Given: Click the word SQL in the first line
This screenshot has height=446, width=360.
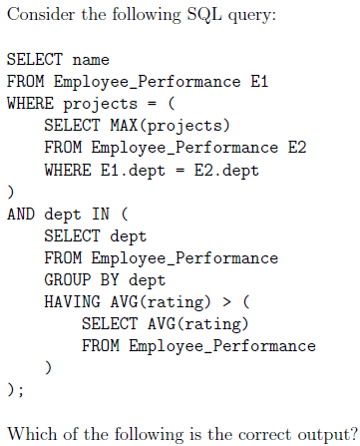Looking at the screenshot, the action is (x=204, y=15).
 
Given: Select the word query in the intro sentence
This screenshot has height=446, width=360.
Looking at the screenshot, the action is (x=251, y=17).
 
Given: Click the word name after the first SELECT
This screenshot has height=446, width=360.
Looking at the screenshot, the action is (x=91, y=60).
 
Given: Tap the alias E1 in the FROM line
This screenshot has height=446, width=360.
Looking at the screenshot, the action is (x=259, y=82).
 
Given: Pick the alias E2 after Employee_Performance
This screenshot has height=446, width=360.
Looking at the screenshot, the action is (x=297, y=148).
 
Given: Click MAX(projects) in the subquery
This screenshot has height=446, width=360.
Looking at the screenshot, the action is (x=170, y=126).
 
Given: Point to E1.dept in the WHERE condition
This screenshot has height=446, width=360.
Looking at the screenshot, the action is (x=133, y=171).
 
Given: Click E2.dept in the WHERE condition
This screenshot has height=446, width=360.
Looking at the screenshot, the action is (x=226, y=171).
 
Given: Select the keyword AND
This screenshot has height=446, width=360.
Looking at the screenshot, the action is (x=21, y=214).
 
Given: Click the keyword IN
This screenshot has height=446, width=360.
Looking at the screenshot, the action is (x=101, y=214).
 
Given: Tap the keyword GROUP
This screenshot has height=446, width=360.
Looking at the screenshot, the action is (x=68, y=279).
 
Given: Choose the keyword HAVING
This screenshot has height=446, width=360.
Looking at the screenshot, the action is (x=72, y=302).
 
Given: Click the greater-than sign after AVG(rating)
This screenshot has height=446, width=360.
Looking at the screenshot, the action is (x=226, y=302).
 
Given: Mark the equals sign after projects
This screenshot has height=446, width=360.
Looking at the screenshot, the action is (x=152, y=104).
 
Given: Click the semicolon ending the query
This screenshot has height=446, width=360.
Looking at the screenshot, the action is (x=21, y=391).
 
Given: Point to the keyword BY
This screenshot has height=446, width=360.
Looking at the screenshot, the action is (x=110, y=279).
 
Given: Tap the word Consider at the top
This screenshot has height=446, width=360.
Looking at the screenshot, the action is (x=41, y=15).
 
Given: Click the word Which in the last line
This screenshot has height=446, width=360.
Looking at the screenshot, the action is (x=32, y=434).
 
